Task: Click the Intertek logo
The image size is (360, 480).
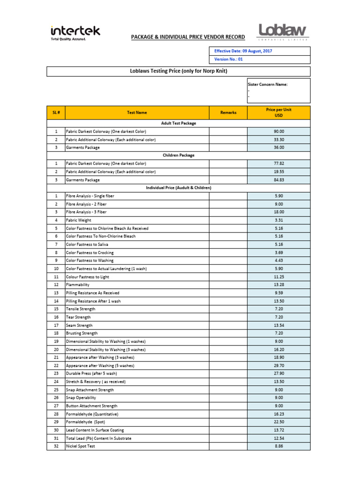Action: click(x=75, y=33)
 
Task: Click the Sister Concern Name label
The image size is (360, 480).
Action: click(x=267, y=84)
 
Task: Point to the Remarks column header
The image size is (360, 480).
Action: click(x=228, y=112)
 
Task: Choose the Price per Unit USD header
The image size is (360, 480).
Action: click(x=278, y=112)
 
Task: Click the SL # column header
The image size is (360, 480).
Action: click(x=56, y=112)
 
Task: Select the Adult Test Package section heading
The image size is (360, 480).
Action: click(x=178, y=123)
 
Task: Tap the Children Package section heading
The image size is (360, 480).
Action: click(x=178, y=155)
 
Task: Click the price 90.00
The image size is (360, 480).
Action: click(x=278, y=132)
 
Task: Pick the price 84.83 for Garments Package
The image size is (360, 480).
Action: click(x=278, y=180)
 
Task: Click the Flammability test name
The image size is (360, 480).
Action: click(x=78, y=285)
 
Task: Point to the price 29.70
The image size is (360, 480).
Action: click(x=278, y=366)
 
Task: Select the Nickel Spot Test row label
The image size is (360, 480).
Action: click(x=81, y=446)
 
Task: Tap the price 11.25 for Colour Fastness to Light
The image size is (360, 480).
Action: click(x=278, y=277)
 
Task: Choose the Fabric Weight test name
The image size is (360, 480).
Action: click(x=79, y=220)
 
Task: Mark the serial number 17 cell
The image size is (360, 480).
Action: click(x=56, y=325)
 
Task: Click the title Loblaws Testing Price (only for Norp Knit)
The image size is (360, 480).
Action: click(x=178, y=71)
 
